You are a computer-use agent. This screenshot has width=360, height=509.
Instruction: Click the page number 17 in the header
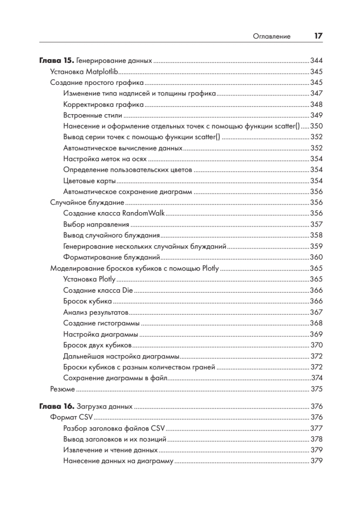click(318, 36)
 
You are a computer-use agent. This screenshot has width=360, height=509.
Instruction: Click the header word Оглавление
click(271, 36)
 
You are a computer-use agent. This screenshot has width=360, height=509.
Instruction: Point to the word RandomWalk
click(143, 213)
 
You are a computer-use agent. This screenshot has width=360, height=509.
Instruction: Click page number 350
click(317, 126)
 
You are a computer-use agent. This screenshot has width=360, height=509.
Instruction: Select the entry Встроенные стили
click(92, 115)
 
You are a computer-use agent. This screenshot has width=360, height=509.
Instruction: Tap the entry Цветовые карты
click(89, 181)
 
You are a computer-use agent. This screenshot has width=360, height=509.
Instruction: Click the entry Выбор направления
click(96, 224)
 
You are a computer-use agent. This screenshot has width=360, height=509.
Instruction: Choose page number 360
click(317, 257)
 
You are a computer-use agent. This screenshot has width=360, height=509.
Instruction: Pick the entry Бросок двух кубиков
click(97, 345)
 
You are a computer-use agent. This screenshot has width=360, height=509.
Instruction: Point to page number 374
click(317, 378)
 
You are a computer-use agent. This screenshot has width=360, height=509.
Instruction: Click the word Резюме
click(63, 389)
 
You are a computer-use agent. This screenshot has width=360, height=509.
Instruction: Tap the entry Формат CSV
click(71, 417)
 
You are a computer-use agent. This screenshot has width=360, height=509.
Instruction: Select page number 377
click(317, 428)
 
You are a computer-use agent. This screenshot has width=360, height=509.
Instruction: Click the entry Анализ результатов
click(95, 312)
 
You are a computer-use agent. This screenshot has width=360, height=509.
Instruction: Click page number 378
click(317, 439)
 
